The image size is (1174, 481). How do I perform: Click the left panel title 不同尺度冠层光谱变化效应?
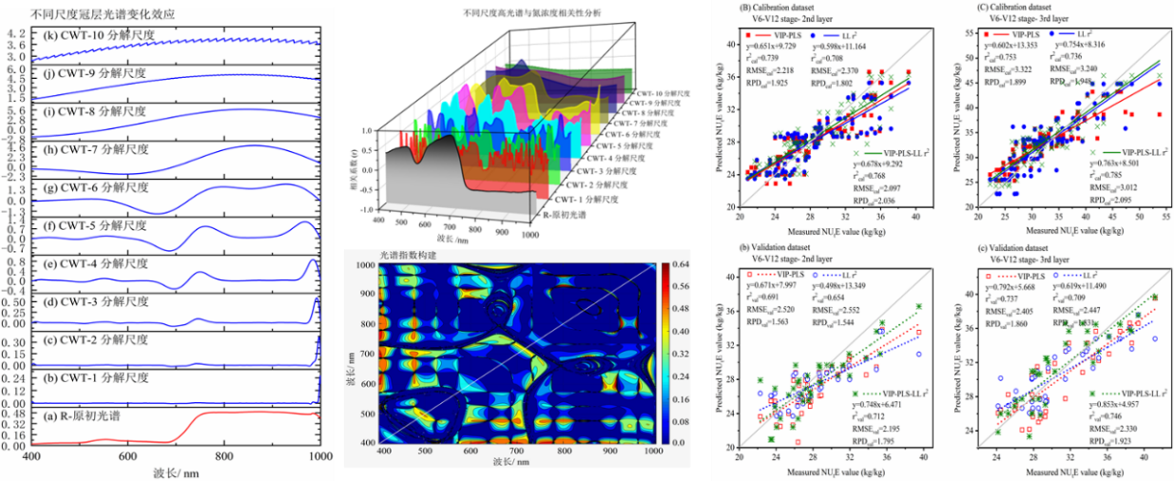click(x=91, y=14)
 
